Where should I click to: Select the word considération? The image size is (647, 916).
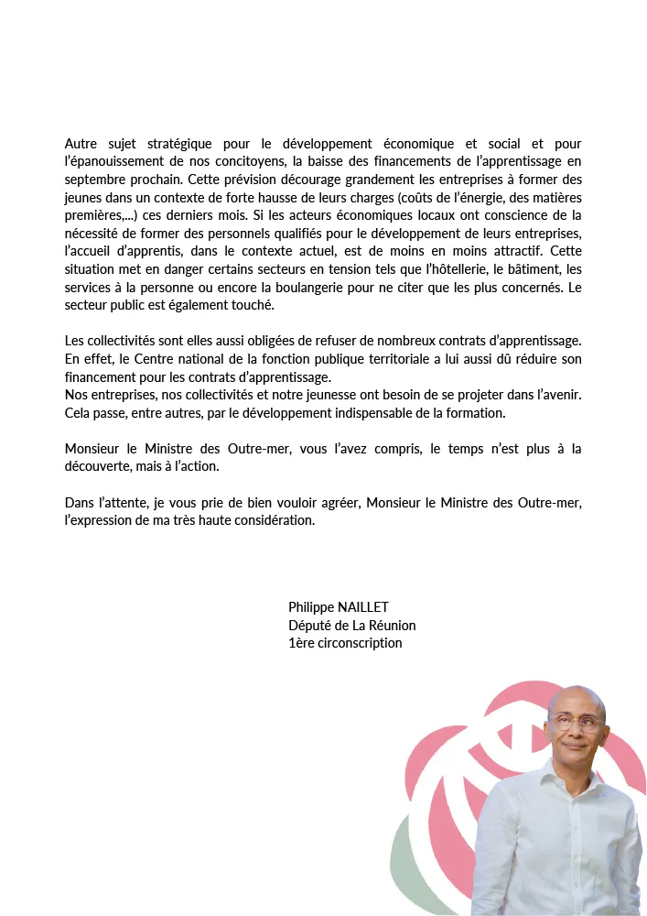point(272,520)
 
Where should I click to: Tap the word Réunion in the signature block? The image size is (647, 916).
point(392,625)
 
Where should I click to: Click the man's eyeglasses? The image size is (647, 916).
point(577,721)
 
